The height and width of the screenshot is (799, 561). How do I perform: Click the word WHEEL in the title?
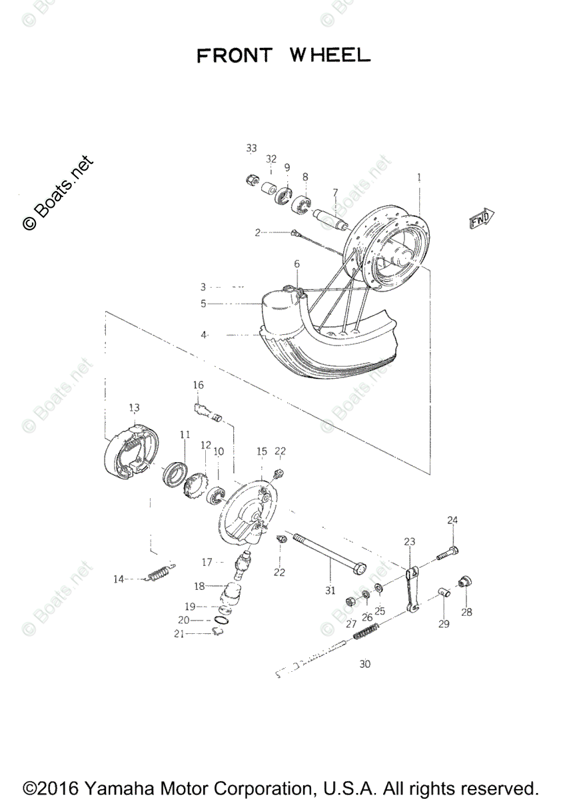pos(329,55)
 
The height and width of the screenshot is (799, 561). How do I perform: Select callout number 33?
pos(251,148)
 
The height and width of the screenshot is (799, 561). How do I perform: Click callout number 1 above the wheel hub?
pos(419,178)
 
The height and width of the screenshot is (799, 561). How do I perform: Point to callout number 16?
pos(199,385)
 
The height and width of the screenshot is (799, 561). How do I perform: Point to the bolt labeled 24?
pos(447,552)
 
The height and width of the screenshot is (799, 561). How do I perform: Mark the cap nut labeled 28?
pos(465,582)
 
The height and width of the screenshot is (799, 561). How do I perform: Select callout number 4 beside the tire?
pos(205,336)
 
